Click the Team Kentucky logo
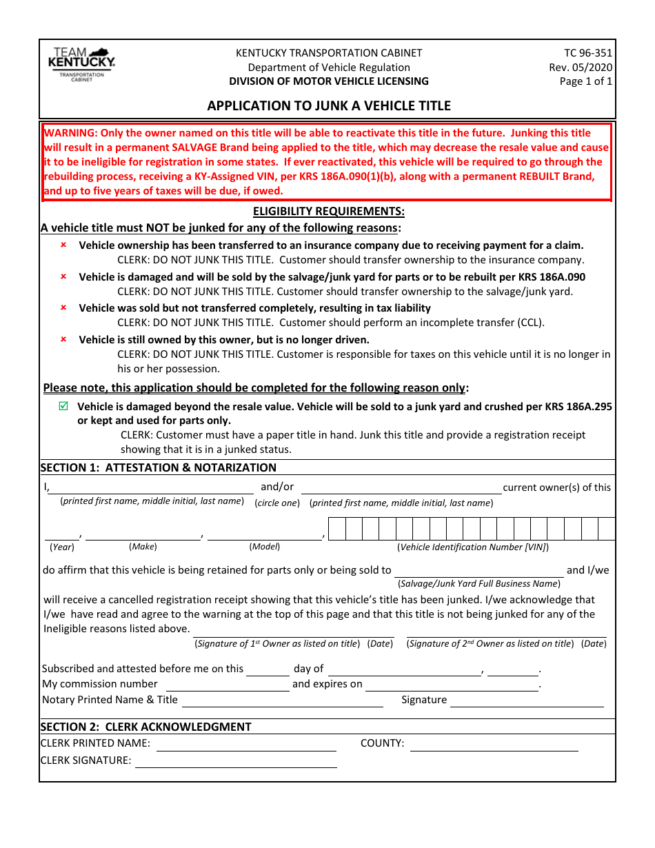coord(82,65)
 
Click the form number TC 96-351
coord(587,53)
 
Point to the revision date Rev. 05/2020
coord(580,67)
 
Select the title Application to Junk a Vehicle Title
coord(329,105)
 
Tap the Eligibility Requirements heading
coord(328,212)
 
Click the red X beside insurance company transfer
coord(63,245)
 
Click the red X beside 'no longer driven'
coord(63,339)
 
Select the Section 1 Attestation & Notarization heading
coord(159,467)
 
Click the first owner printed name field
coord(152,487)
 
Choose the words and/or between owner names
coord(277,487)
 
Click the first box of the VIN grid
coord(336,529)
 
